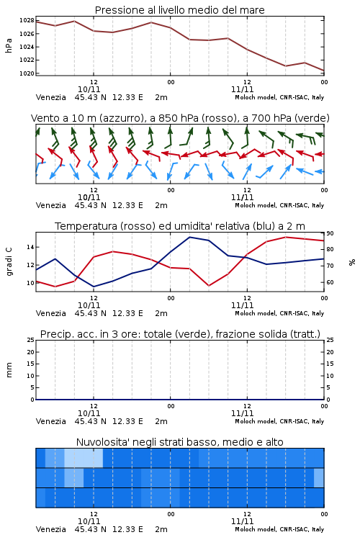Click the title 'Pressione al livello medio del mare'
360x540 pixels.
(x=179, y=10)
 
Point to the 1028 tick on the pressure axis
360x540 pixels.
(x=27, y=21)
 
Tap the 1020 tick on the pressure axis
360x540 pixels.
(x=27, y=73)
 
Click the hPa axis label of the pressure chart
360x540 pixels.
(x=9, y=45)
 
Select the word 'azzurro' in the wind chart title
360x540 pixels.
(x=120, y=119)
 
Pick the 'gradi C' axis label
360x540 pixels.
(x=9, y=261)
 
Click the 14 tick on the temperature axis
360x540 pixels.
(x=30, y=247)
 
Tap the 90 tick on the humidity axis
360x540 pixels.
(x=330, y=233)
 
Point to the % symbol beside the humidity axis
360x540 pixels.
(x=352, y=262)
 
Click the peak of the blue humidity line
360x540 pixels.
(x=189, y=237)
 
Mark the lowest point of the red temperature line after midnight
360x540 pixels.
(x=209, y=286)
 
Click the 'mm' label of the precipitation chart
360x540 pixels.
(x=9, y=370)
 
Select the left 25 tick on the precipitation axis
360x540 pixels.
(x=30, y=340)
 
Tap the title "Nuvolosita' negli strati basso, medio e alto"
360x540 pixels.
(x=179, y=442)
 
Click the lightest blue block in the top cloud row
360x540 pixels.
(x=84, y=458)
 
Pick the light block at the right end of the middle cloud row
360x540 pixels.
(x=319, y=477)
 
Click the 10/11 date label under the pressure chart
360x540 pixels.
(x=89, y=89)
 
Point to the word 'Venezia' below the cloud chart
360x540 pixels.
(x=50, y=529)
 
